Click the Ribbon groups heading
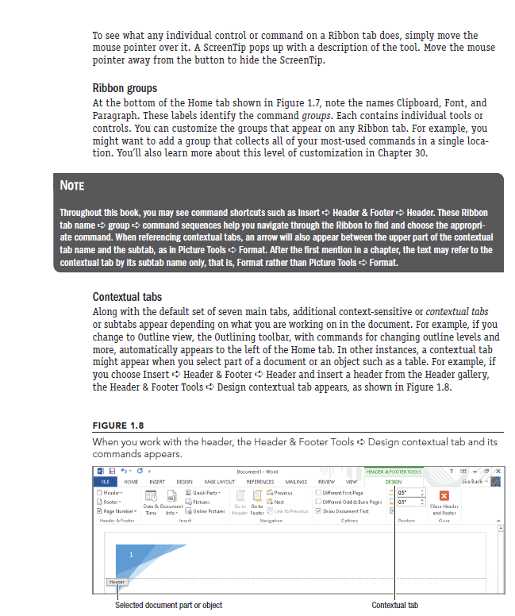(x=125, y=88)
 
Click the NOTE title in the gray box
(x=73, y=186)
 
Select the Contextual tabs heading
(x=127, y=296)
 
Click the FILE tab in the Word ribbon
(x=104, y=482)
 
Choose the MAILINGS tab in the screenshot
(x=296, y=482)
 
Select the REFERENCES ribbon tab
(x=259, y=482)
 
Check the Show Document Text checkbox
(x=318, y=511)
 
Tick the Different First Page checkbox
(x=318, y=493)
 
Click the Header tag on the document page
(x=117, y=582)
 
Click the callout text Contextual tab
(x=394, y=605)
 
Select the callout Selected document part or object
(x=168, y=605)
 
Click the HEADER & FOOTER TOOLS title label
(x=393, y=472)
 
